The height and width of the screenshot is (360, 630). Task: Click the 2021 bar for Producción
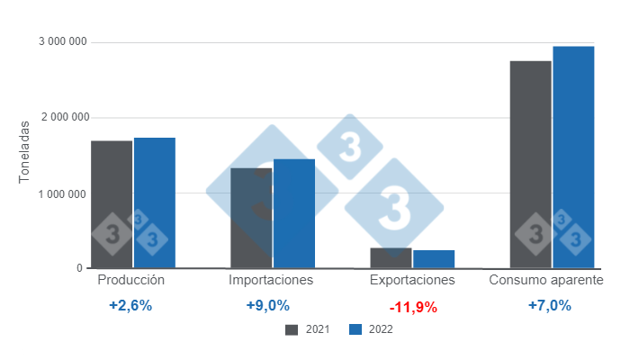click(x=112, y=205)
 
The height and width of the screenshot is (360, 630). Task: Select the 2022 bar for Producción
click(x=155, y=203)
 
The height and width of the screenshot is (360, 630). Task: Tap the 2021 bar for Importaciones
click(x=251, y=219)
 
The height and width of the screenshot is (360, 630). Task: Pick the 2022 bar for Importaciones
click(x=294, y=214)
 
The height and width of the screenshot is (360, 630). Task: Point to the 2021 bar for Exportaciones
click(x=391, y=258)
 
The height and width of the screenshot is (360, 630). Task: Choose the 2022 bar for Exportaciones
click(x=434, y=259)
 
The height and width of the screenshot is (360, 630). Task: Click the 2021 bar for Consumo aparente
click(x=530, y=165)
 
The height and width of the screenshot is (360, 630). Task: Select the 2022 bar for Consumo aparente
click(x=573, y=157)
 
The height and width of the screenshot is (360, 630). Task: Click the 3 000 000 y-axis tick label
click(x=63, y=42)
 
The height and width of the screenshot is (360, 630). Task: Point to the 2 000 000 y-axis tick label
click(x=63, y=118)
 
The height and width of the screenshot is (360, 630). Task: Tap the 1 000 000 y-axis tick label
click(x=63, y=193)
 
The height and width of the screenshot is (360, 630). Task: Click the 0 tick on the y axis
click(x=79, y=268)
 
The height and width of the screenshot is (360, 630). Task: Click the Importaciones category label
click(x=271, y=280)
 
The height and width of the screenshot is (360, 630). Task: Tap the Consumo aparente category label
click(x=545, y=280)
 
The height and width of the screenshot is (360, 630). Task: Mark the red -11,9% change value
click(x=413, y=307)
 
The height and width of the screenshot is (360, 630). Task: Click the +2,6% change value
click(x=130, y=305)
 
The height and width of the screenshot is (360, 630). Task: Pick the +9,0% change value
click(x=268, y=305)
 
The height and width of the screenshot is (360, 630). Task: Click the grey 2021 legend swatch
click(x=292, y=329)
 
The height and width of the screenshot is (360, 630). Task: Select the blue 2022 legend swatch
click(x=355, y=329)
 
